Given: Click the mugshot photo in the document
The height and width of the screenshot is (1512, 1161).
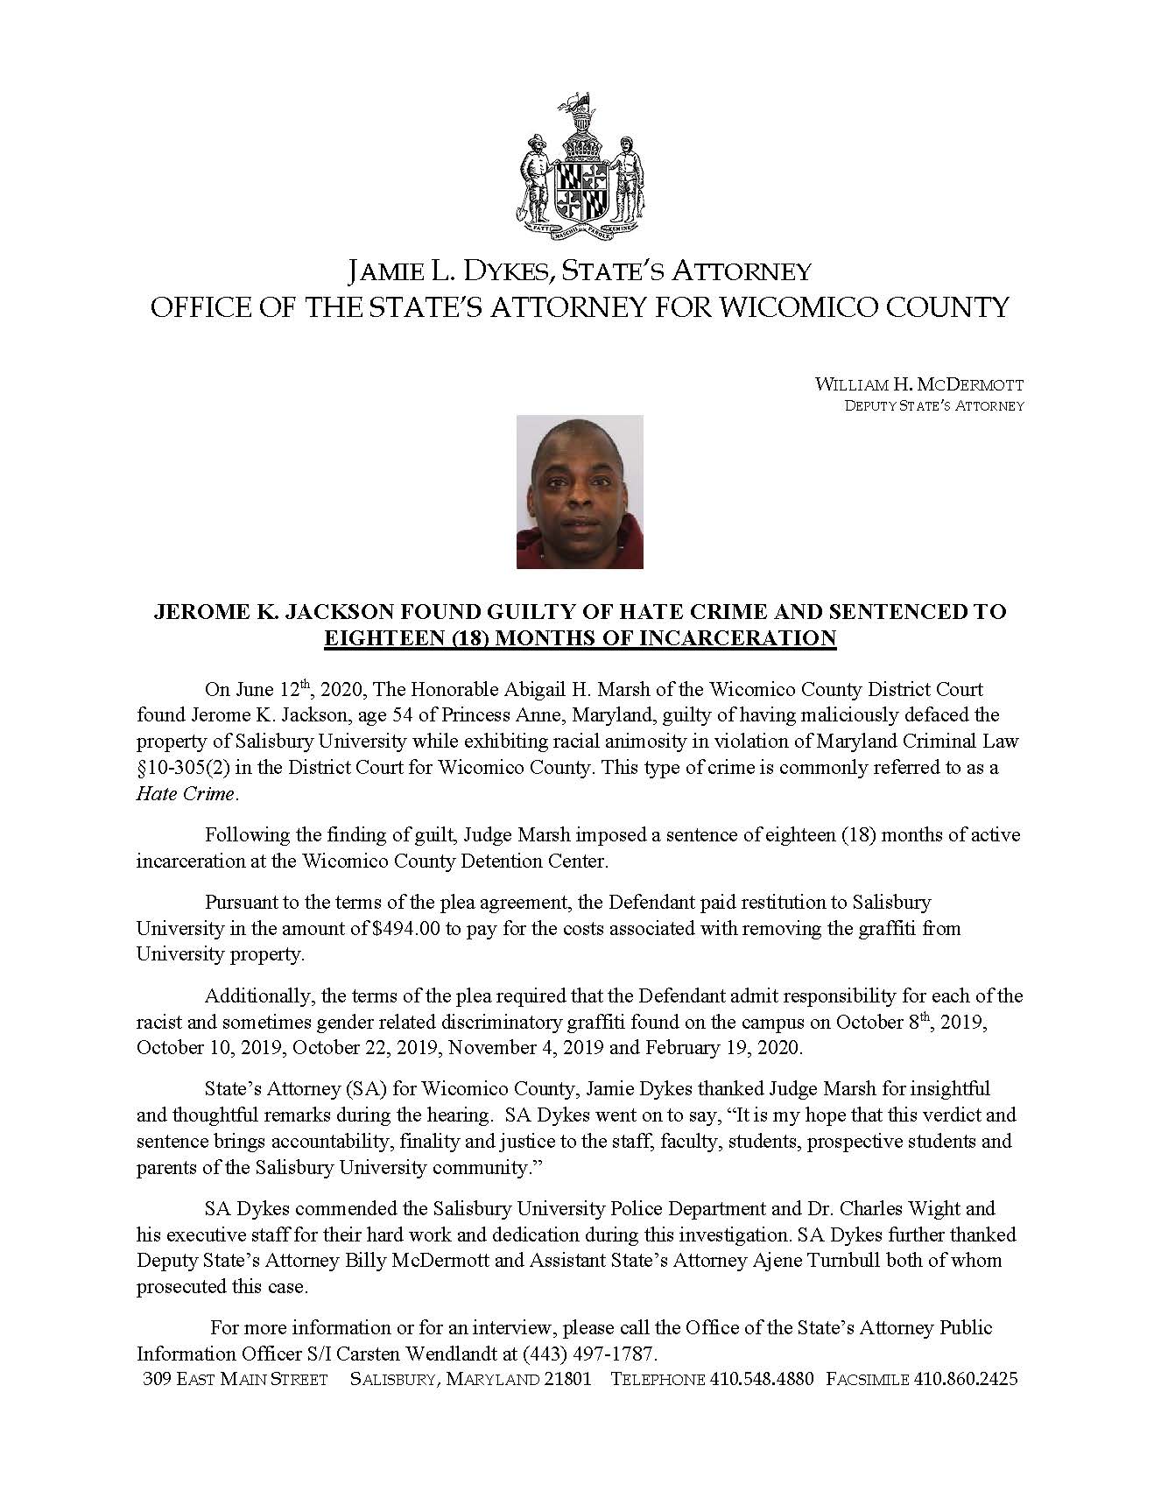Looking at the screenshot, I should [580, 492].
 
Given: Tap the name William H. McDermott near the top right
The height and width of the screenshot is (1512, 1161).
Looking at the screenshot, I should [918, 384].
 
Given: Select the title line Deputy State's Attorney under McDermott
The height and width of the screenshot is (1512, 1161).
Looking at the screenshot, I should [933, 406].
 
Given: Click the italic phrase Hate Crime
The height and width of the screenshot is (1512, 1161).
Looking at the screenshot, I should [186, 794].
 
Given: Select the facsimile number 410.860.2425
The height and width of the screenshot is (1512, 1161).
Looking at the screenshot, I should [966, 1379].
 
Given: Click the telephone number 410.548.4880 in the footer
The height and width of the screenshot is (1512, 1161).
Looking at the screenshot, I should [762, 1379].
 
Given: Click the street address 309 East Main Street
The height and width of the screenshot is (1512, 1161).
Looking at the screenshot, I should [235, 1379].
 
